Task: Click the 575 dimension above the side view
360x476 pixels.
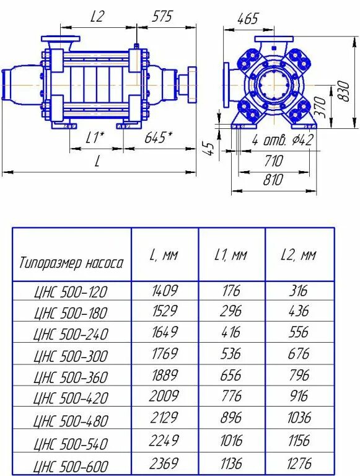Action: (163, 17)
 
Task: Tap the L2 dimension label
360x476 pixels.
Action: (97, 17)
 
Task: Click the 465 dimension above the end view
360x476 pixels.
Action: (247, 19)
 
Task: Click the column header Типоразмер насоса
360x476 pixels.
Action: (71, 262)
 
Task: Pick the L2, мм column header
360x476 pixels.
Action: (299, 255)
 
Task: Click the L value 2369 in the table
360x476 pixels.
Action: (165, 463)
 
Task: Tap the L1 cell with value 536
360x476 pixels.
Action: (231, 354)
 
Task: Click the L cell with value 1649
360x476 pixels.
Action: (165, 332)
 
